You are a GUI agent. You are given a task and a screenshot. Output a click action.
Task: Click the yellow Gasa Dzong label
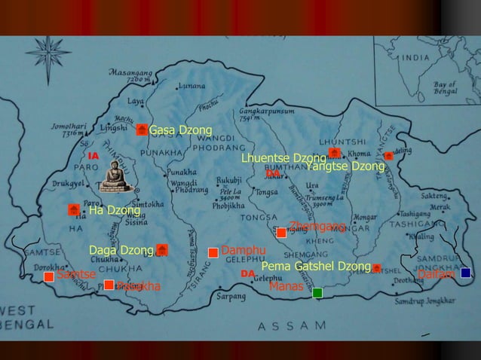(x=180, y=130)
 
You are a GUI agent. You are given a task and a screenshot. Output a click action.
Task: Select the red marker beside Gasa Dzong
(x=142, y=130)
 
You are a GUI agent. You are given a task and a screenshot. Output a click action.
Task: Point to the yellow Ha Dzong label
(x=115, y=210)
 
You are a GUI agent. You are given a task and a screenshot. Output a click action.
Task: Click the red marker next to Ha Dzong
(x=74, y=209)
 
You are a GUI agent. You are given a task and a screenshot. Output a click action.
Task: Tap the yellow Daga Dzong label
(x=121, y=250)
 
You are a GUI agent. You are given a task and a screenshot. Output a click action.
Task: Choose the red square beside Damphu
(x=213, y=252)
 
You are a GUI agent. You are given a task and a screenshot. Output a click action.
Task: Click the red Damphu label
(x=244, y=250)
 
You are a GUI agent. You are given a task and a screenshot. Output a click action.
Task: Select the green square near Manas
(x=317, y=292)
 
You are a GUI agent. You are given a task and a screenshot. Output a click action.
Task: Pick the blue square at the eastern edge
(x=465, y=273)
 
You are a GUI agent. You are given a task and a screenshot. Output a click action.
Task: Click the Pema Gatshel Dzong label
(x=316, y=267)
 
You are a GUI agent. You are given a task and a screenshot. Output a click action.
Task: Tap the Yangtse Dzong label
(x=346, y=166)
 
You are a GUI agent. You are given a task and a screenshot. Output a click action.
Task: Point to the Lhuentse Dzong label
(x=283, y=158)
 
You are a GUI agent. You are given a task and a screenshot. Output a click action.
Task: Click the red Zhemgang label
(x=317, y=226)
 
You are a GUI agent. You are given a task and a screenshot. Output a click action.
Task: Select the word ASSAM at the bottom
(x=293, y=326)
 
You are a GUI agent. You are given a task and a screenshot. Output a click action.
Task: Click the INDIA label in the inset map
(x=415, y=57)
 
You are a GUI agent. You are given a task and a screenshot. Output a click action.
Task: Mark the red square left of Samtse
(x=49, y=277)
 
